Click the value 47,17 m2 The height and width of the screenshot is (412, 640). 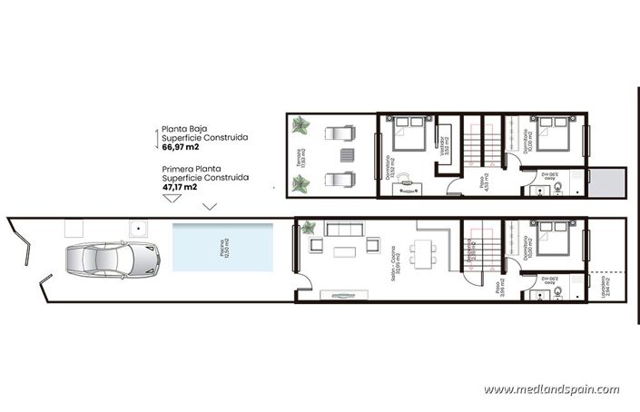[x=180, y=188]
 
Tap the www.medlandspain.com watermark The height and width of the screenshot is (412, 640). [x=551, y=389]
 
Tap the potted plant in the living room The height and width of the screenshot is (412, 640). [x=310, y=228]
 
